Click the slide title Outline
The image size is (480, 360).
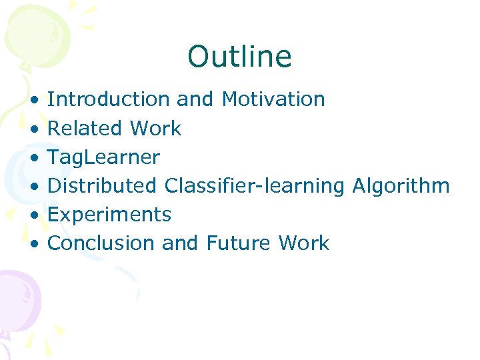[x=239, y=57]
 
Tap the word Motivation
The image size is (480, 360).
[x=273, y=99]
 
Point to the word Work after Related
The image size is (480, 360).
[x=156, y=128]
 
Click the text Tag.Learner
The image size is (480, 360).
[x=104, y=157]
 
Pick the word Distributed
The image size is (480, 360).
[x=102, y=185]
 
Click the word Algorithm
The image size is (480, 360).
[x=400, y=186]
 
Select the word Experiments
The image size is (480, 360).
[x=109, y=215]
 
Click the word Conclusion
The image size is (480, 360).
[x=101, y=243]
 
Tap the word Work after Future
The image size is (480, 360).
[x=304, y=243]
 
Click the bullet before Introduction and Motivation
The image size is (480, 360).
[x=33, y=100]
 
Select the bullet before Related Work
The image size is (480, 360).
[x=33, y=129]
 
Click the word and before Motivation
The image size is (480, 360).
[x=195, y=99]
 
